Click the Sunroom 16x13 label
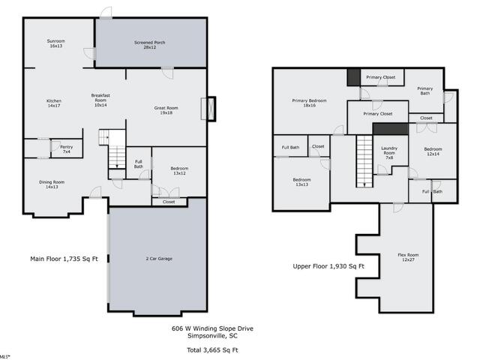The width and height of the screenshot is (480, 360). [56, 43]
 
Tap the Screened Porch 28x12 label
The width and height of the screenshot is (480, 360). [150, 45]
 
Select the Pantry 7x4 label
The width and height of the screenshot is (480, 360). [67, 149]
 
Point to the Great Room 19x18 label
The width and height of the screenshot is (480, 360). [166, 110]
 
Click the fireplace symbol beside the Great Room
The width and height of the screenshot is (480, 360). [211, 109]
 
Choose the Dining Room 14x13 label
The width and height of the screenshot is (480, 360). [52, 184]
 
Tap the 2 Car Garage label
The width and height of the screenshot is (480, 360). [159, 259]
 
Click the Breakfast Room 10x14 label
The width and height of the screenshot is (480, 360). [100, 100]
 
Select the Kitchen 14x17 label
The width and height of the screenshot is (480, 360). [54, 103]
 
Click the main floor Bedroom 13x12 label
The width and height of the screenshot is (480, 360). [179, 171]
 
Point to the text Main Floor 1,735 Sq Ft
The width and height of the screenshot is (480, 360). [64, 259]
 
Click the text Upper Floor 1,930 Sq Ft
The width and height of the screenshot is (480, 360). [328, 266]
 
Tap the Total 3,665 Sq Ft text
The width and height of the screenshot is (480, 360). [212, 350]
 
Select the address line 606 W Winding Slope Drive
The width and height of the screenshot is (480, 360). [212, 328]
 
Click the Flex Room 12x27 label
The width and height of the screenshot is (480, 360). [408, 257]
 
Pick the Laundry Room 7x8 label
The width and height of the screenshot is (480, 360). [389, 153]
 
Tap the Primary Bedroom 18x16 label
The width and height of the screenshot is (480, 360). [309, 103]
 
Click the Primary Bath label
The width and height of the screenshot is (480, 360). [425, 91]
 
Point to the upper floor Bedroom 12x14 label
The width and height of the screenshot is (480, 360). [433, 151]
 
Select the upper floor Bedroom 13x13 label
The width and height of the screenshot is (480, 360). [301, 182]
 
